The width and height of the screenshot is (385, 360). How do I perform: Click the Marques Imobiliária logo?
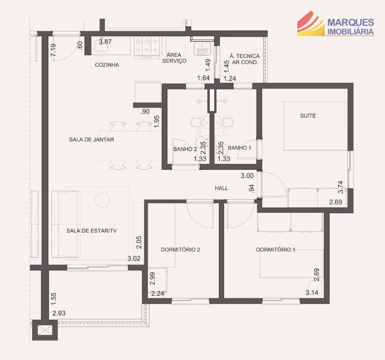point(335,23)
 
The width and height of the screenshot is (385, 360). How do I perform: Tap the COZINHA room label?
point(107,65)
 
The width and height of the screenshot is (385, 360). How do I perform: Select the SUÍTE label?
point(308,116)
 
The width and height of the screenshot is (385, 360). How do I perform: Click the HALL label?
point(221,188)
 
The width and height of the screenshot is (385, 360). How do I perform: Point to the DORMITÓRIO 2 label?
point(180,249)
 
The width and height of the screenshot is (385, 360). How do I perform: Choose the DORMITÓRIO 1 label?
point(275,249)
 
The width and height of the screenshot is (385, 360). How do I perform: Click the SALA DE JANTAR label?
point(91,140)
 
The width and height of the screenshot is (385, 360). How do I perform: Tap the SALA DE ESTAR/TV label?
point(91,231)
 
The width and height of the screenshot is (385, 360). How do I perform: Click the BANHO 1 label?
point(240,148)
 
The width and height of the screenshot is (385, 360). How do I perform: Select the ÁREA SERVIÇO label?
point(174,58)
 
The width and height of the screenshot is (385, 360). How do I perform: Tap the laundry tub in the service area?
point(202,48)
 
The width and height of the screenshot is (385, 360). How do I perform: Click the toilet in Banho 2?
point(196,122)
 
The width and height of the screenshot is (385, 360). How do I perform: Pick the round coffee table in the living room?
point(102,200)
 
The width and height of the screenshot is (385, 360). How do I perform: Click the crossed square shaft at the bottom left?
point(45,330)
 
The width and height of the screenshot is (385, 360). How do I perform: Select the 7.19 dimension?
point(53,50)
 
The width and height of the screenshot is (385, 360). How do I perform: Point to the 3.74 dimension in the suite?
point(340,187)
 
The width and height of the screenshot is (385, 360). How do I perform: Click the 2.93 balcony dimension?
point(59,313)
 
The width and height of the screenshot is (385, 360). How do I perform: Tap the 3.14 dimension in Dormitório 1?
point(312,292)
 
